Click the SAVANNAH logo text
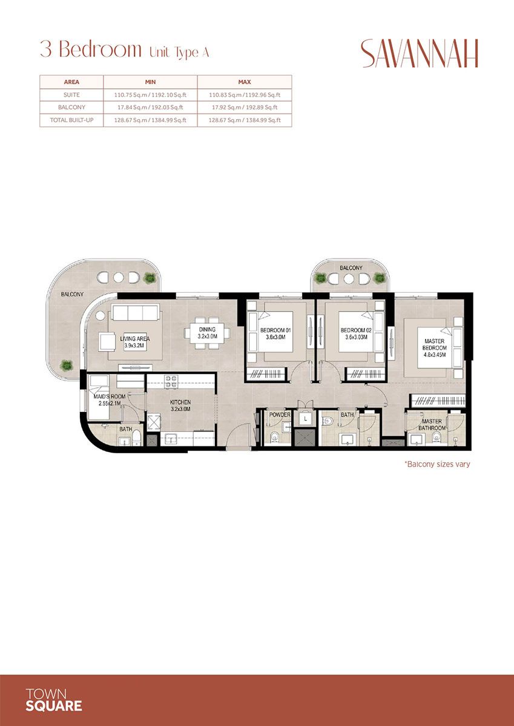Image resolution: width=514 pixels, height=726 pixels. click(420, 53)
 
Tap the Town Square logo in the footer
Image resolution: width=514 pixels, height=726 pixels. click(54, 699)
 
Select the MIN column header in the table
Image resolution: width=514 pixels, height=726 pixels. click(150, 82)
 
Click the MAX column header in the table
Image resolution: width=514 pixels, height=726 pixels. click(244, 82)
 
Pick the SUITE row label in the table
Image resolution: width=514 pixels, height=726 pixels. click(71, 95)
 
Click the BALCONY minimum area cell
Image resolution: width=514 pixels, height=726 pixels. click(150, 108)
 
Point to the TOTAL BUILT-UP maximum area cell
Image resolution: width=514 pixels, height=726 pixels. click(244, 120)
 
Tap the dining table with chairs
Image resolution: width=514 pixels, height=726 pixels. click(207, 333)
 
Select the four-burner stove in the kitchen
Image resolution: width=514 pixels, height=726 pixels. click(171, 382)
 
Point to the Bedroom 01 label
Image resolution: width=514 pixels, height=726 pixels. click(276, 330)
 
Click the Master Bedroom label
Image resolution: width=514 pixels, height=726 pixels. click(434, 345)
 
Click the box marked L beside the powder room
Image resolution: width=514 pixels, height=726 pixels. click(306, 418)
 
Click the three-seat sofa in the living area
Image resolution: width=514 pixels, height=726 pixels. click(134, 312)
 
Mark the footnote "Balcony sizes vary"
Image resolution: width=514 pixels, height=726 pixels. click(437, 465)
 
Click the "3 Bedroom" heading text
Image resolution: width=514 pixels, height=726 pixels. click(90, 50)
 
